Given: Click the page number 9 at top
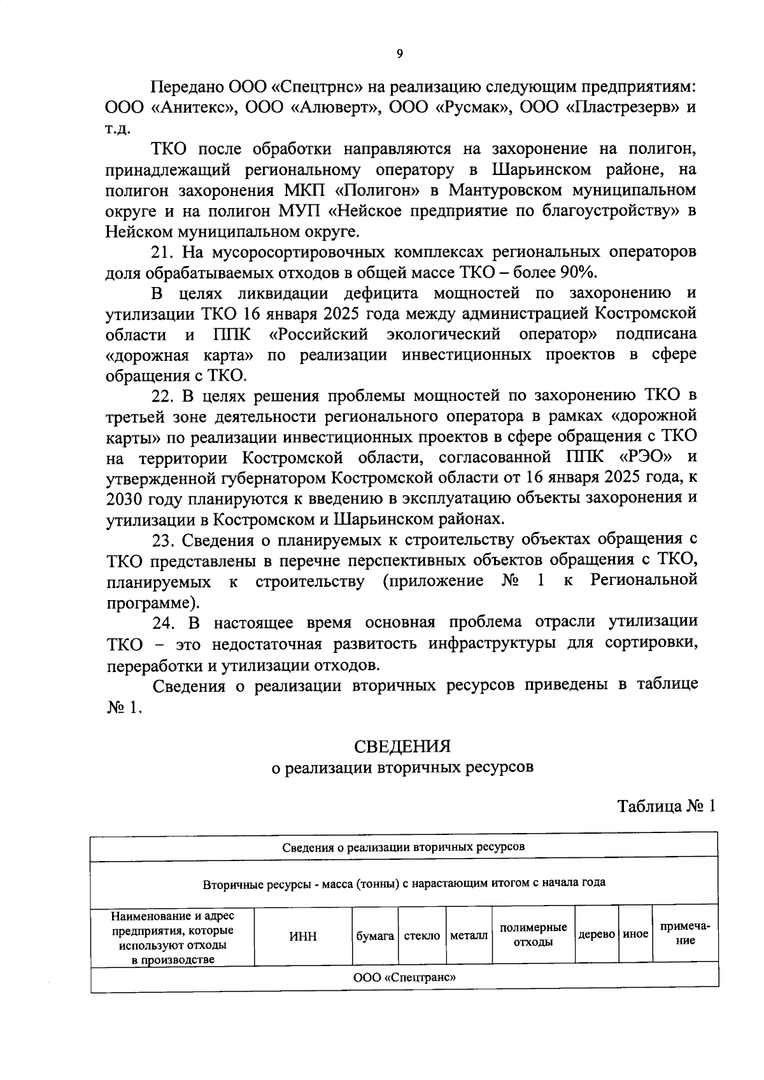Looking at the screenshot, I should (399, 54).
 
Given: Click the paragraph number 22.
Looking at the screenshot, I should (162, 395).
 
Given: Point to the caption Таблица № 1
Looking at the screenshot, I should (667, 806).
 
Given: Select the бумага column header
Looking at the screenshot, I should (375, 936).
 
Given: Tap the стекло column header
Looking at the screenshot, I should (422, 936).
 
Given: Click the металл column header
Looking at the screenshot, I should (469, 936).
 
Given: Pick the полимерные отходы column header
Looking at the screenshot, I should (533, 936).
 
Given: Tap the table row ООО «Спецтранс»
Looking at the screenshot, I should (404, 978).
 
